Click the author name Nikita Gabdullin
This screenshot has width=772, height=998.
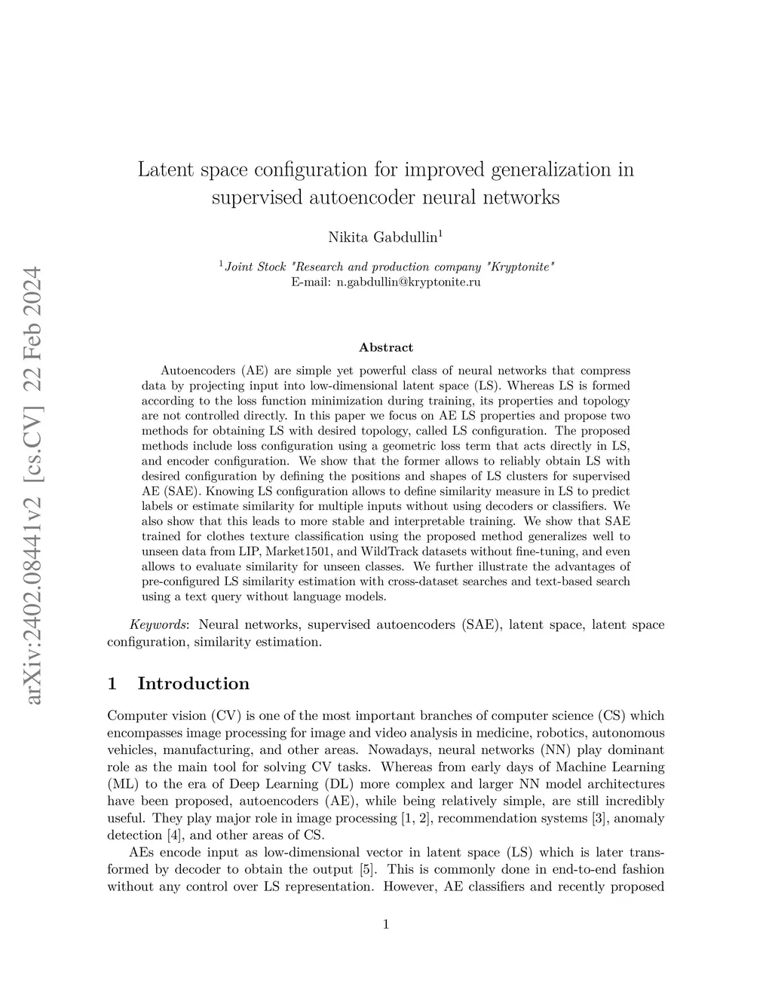[384, 237]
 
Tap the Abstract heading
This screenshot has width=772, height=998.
[386, 347]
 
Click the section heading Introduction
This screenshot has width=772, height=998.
[193, 683]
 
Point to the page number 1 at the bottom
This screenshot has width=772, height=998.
[386, 924]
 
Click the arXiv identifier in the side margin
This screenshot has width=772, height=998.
[33, 486]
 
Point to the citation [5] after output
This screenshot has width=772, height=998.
[369, 869]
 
